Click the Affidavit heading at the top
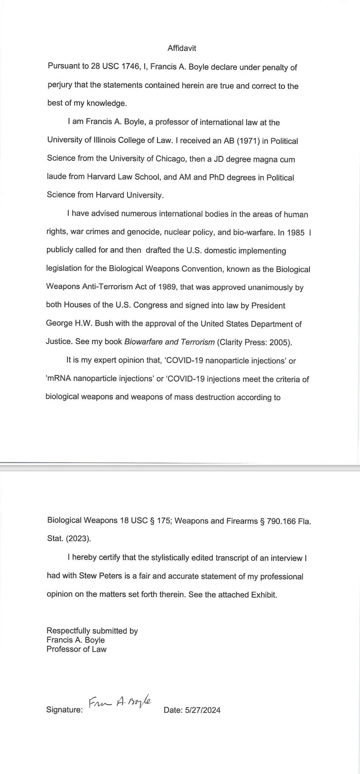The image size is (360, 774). (182, 48)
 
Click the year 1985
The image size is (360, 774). (296, 232)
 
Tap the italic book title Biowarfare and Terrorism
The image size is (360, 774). (169, 342)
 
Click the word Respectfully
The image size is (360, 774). (68, 631)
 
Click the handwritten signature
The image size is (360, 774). (119, 702)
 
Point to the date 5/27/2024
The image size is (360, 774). (203, 710)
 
